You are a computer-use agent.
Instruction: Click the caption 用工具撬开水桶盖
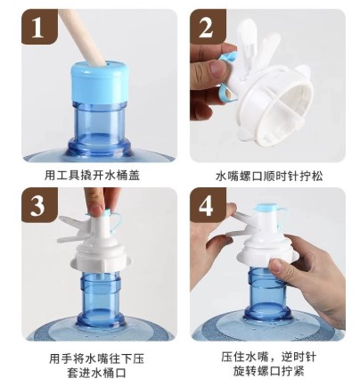pyautogui.click(x=92, y=176)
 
